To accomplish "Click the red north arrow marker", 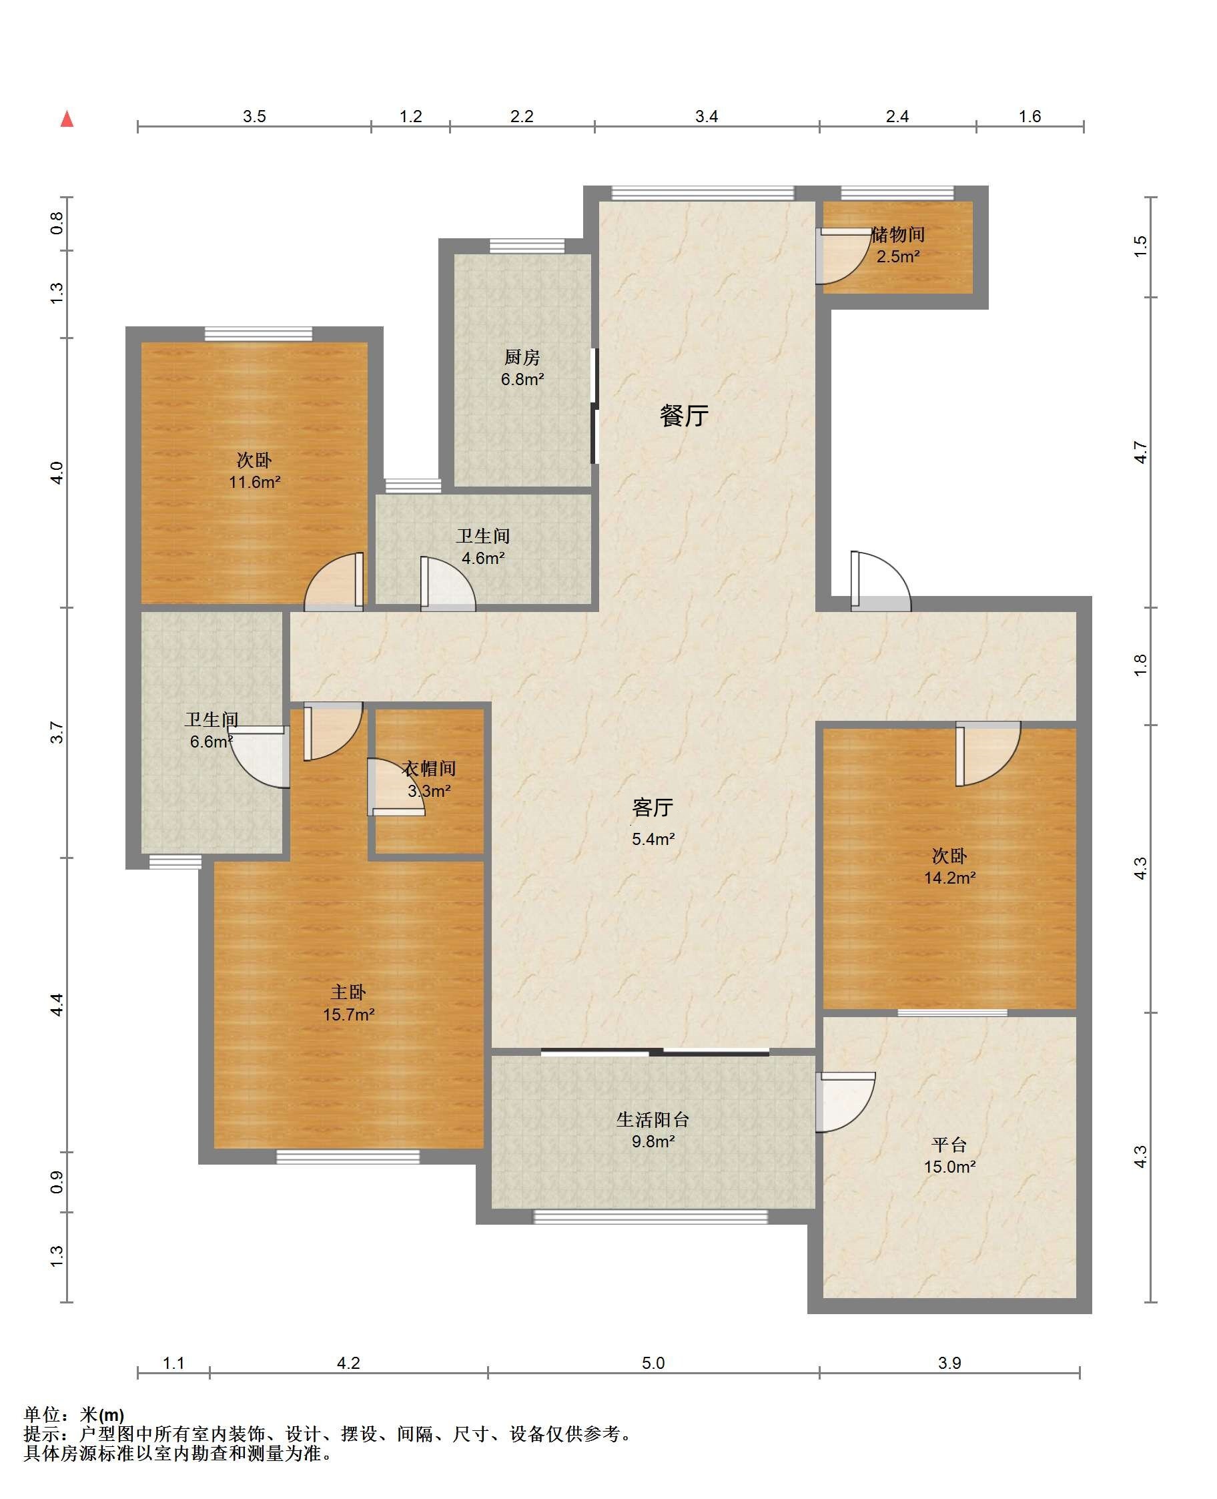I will point(67,119).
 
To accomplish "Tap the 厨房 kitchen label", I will point(522,358).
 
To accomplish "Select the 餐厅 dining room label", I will point(683,416).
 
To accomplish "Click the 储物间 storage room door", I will point(842,256).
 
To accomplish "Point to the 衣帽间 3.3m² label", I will point(429,780).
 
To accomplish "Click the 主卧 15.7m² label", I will point(348,1003).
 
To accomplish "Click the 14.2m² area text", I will point(950,878).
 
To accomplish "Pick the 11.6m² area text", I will point(254,483).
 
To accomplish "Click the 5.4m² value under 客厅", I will point(653,839).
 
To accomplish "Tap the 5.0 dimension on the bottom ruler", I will point(653,1363).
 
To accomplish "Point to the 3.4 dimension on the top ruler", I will point(706,116).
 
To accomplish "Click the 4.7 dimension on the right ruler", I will point(1140,453).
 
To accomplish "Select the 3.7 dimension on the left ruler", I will point(57,733).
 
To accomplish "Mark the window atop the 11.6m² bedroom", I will point(258,334).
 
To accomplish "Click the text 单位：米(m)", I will point(73,1415).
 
